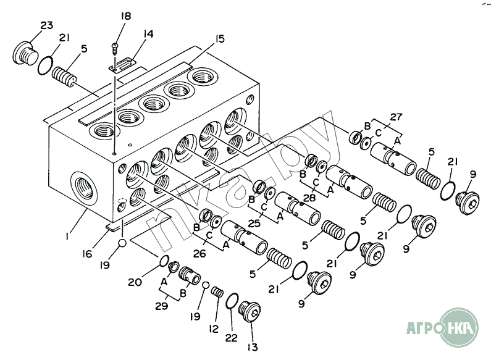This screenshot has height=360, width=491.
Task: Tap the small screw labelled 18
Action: pos(115,46)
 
